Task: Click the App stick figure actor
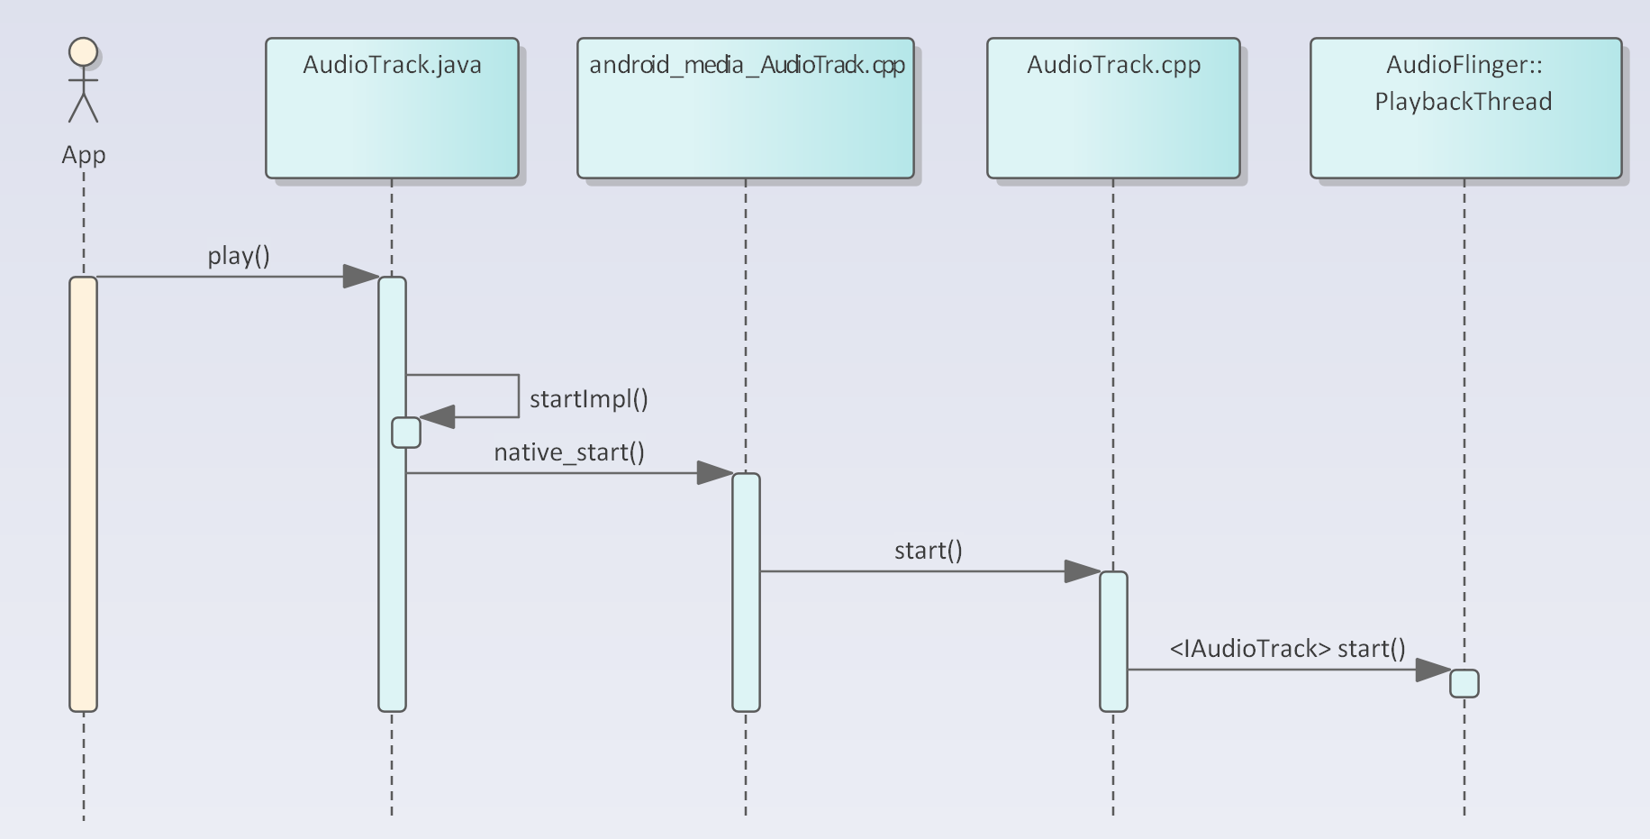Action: (x=84, y=80)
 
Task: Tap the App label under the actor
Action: (x=84, y=155)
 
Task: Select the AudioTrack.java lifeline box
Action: (x=392, y=108)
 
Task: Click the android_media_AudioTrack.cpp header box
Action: (x=746, y=108)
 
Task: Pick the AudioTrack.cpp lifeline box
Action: (x=1113, y=108)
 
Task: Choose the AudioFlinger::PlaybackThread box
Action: (x=1465, y=108)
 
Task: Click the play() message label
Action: (x=239, y=256)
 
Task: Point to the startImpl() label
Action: (x=589, y=399)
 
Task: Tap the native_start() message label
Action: (x=569, y=452)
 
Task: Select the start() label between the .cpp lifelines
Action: (x=929, y=551)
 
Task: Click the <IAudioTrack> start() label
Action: (x=1288, y=649)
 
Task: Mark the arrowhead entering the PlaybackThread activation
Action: (x=1433, y=670)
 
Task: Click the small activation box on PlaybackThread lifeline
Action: (x=1464, y=684)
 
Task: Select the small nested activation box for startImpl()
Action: (x=406, y=433)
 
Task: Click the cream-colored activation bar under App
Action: (x=83, y=494)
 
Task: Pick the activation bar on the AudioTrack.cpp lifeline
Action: (x=1113, y=642)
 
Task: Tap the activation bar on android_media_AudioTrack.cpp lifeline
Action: (x=746, y=592)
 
